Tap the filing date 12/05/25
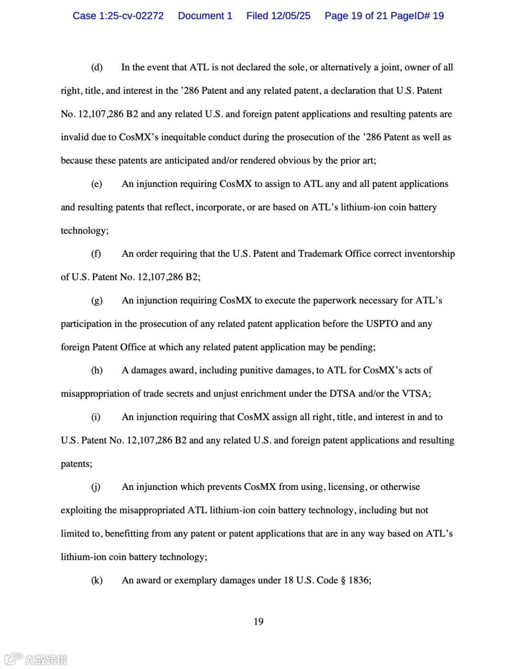(291, 16)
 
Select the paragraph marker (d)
(97, 67)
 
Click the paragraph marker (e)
(97, 184)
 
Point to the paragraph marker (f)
(96, 254)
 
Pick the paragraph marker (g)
(97, 301)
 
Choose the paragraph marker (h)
(97, 370)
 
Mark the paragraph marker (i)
(96, 417)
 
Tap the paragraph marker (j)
(96, 487)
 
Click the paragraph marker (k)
(97, 580)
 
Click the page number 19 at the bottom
(258, 622)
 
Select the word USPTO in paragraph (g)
(382, 324)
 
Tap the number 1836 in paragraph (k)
(359, 580)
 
